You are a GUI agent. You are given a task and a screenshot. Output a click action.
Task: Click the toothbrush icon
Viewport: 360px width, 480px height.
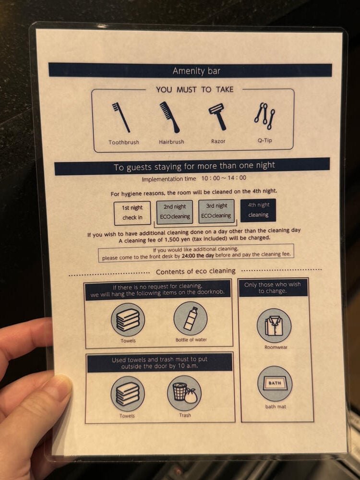[121, 117]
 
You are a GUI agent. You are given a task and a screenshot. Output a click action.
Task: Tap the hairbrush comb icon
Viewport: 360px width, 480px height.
[169, 117]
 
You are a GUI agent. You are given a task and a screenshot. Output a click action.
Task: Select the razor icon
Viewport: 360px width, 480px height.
[217, 116]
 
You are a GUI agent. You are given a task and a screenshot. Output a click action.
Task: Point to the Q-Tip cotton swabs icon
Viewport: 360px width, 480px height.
[264, 116]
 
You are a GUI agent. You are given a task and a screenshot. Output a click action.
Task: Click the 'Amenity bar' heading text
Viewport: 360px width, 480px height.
[196, 71]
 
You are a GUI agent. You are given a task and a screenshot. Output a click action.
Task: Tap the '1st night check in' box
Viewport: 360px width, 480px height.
[132, 213]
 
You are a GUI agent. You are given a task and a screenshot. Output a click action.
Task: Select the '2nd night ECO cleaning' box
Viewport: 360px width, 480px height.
[175, 212]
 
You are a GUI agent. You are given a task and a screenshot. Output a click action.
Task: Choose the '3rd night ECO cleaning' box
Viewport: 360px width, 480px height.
[216, 211]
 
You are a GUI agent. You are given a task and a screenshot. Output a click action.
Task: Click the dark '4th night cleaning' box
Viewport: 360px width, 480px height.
[258, 210]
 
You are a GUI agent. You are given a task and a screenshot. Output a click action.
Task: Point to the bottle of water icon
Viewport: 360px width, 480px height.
[191, 319]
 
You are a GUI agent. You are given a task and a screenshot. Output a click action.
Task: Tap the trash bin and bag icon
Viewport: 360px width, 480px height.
[184, 393]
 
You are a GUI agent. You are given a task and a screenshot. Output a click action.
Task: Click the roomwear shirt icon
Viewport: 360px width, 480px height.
[274, 325]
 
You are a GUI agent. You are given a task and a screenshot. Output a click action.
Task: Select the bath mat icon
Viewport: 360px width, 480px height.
[275, 384]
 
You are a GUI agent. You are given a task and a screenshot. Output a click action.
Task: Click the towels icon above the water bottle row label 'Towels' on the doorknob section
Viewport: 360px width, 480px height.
[128, 320]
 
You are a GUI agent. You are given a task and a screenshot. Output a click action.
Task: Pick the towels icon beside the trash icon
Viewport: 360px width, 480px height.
[128, 394]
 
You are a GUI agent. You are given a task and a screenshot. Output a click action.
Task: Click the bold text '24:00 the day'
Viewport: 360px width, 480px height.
[198, 255]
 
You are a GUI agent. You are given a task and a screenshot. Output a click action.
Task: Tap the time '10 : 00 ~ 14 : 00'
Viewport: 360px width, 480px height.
[224, 178]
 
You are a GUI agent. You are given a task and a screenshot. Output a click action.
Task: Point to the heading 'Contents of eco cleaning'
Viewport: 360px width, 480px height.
[196, 271]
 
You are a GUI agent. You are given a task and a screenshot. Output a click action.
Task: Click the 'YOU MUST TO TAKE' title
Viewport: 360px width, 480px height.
[195, 89]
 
